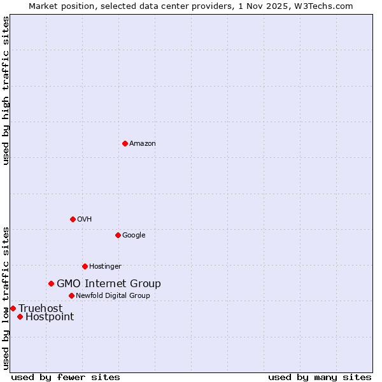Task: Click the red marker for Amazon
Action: pyautogui.click(x=125, y=143)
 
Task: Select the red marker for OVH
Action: pyautogui.click(x=73, y=219)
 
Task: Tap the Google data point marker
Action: pyautogui.click(x=118, y=235)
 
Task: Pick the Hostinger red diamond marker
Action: pyautogui.click(x=85, y=266)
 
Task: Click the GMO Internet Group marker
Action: pyautogui.click(x=51, y=283)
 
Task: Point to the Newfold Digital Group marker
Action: pyautogui.click(x=71, y=295)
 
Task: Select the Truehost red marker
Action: pyautogui.click(x=13, y=308)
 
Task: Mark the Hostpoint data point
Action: pyautogui.click(x=20, y=316)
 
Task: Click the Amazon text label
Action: pyautogui.click(x=143, y=144)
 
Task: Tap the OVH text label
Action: pyautogui.click(x=85, y=220)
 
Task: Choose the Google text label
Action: pyautogui.click(x=134, y=236)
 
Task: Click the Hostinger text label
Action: pyautogui.click(x=105, y=267)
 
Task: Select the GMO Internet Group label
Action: pyautogui.click(x=109, y=284)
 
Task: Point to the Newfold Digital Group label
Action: pyautogui.click(x=113, y=296)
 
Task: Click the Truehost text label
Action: pyautogui.click(x=41, y=309)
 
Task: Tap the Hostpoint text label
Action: pyautogui.click(x=50, y=317)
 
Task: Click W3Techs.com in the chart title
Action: pyautogui.click(x=327, y=6)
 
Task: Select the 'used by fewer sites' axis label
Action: pyautogui.click(x=66, y=377)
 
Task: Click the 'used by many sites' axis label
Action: pyautogui.click(x=320, y=377)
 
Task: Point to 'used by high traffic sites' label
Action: pyautogui.click(x=6, y=90)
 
